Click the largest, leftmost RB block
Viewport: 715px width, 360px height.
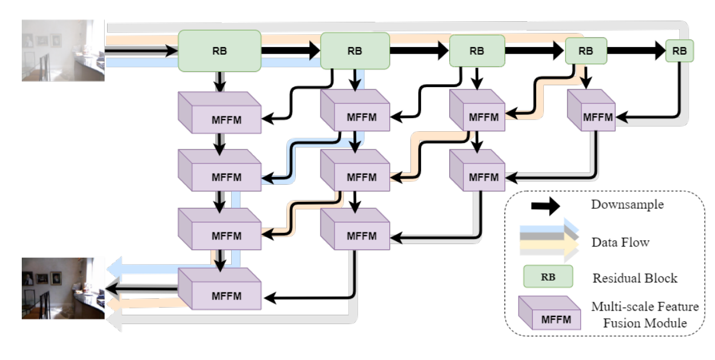[219, 51]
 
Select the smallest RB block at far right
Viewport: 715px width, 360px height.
[679, 51]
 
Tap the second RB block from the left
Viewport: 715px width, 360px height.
[355, 51]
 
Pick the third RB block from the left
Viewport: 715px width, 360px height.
[477, 51]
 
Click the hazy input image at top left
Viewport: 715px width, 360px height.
[63, 51]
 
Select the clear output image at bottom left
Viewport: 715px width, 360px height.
[63, 288]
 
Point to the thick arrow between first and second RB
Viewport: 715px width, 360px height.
[290, 51]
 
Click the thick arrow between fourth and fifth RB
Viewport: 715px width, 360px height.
[636, 51]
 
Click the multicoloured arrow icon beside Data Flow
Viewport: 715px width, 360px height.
[547, 241]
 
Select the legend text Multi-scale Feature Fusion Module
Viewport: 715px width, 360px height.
[644, 315]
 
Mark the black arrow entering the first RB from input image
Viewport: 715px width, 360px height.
[141, 51]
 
